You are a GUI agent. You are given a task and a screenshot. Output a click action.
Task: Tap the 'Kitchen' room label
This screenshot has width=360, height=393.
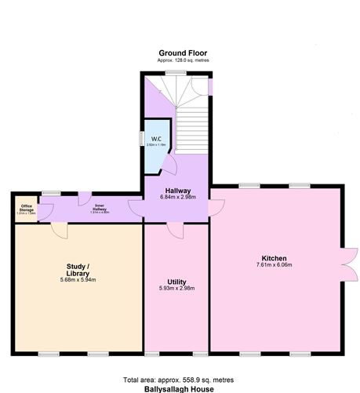(x=275, y=258)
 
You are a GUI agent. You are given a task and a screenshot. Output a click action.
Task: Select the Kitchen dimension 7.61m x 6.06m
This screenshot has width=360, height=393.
(x=275, y=265)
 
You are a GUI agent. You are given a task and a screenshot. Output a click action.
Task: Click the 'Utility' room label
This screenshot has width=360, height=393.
(x=176, y=282)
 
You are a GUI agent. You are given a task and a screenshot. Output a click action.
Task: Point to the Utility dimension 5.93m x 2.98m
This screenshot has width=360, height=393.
(x=176, y=289)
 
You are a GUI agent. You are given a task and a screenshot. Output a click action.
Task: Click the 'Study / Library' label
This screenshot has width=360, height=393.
(x=77, y=270)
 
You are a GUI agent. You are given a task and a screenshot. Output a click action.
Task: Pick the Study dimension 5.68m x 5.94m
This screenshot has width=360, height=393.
(x=77, y=280)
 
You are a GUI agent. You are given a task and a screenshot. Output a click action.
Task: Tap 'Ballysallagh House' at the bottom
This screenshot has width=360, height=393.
(x=182, y=388)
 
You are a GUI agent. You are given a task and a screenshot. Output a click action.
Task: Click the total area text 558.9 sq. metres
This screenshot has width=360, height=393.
(x=182, y=378)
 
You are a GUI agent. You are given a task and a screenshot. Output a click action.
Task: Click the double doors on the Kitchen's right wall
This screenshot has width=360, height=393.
(x=346, y=265)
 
